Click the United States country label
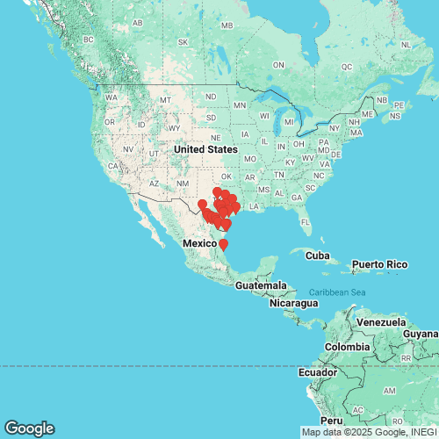(x=205, y=149)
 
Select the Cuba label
(x=306, y=254)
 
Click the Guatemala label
(x=260, y=286)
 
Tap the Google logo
(x=28, y=428)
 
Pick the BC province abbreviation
(x=88, y=40)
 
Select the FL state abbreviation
(x=306, y=221)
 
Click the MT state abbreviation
(x=164, y=100)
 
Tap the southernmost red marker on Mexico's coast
(x=223, y=244)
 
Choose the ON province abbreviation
(x=279, y=65)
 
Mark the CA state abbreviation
(x=113, y=164)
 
